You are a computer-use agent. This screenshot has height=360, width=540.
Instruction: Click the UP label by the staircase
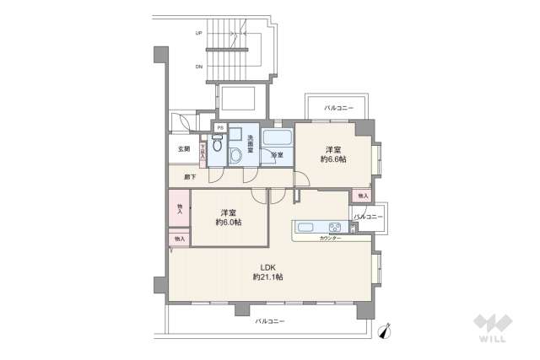coord(199,34)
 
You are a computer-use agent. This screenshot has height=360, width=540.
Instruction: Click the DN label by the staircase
coord(199,66)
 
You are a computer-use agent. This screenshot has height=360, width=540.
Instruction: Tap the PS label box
coord(220,128)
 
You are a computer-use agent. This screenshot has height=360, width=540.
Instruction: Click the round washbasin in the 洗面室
coord(239,153)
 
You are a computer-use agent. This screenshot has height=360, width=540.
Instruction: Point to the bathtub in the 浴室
coord(276,138)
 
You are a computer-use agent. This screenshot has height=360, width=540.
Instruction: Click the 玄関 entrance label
coord(183,149)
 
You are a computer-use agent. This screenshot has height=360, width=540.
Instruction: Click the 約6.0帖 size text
coord(228,223)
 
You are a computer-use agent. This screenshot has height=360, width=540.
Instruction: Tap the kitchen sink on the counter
coord(305,227)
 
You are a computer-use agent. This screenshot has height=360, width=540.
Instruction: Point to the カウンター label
coord(330,239)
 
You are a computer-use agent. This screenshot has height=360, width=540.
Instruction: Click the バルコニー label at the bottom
coord(269,321)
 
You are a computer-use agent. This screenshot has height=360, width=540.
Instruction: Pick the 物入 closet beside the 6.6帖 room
coord(363,196)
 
